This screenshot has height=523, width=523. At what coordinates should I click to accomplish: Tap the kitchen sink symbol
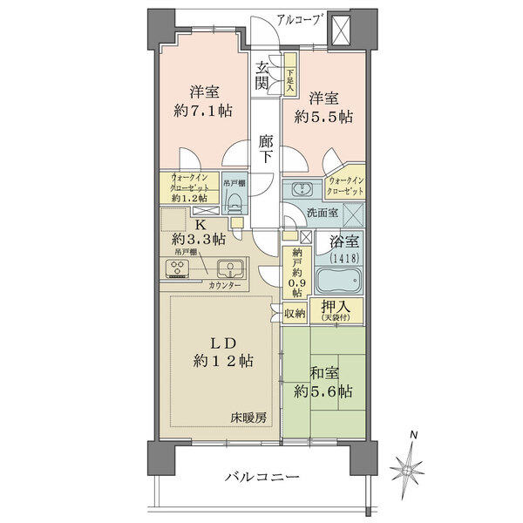pyautogui.click(x=229, y=269)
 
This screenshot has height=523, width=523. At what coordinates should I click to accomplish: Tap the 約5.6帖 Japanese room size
pyautogui.click(x=324, y=391)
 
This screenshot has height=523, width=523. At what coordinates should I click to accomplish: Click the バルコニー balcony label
pyautogui.click(x=261, y=478)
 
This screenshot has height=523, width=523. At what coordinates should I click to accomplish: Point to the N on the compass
pyautogui.click(x=416, y=435)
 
